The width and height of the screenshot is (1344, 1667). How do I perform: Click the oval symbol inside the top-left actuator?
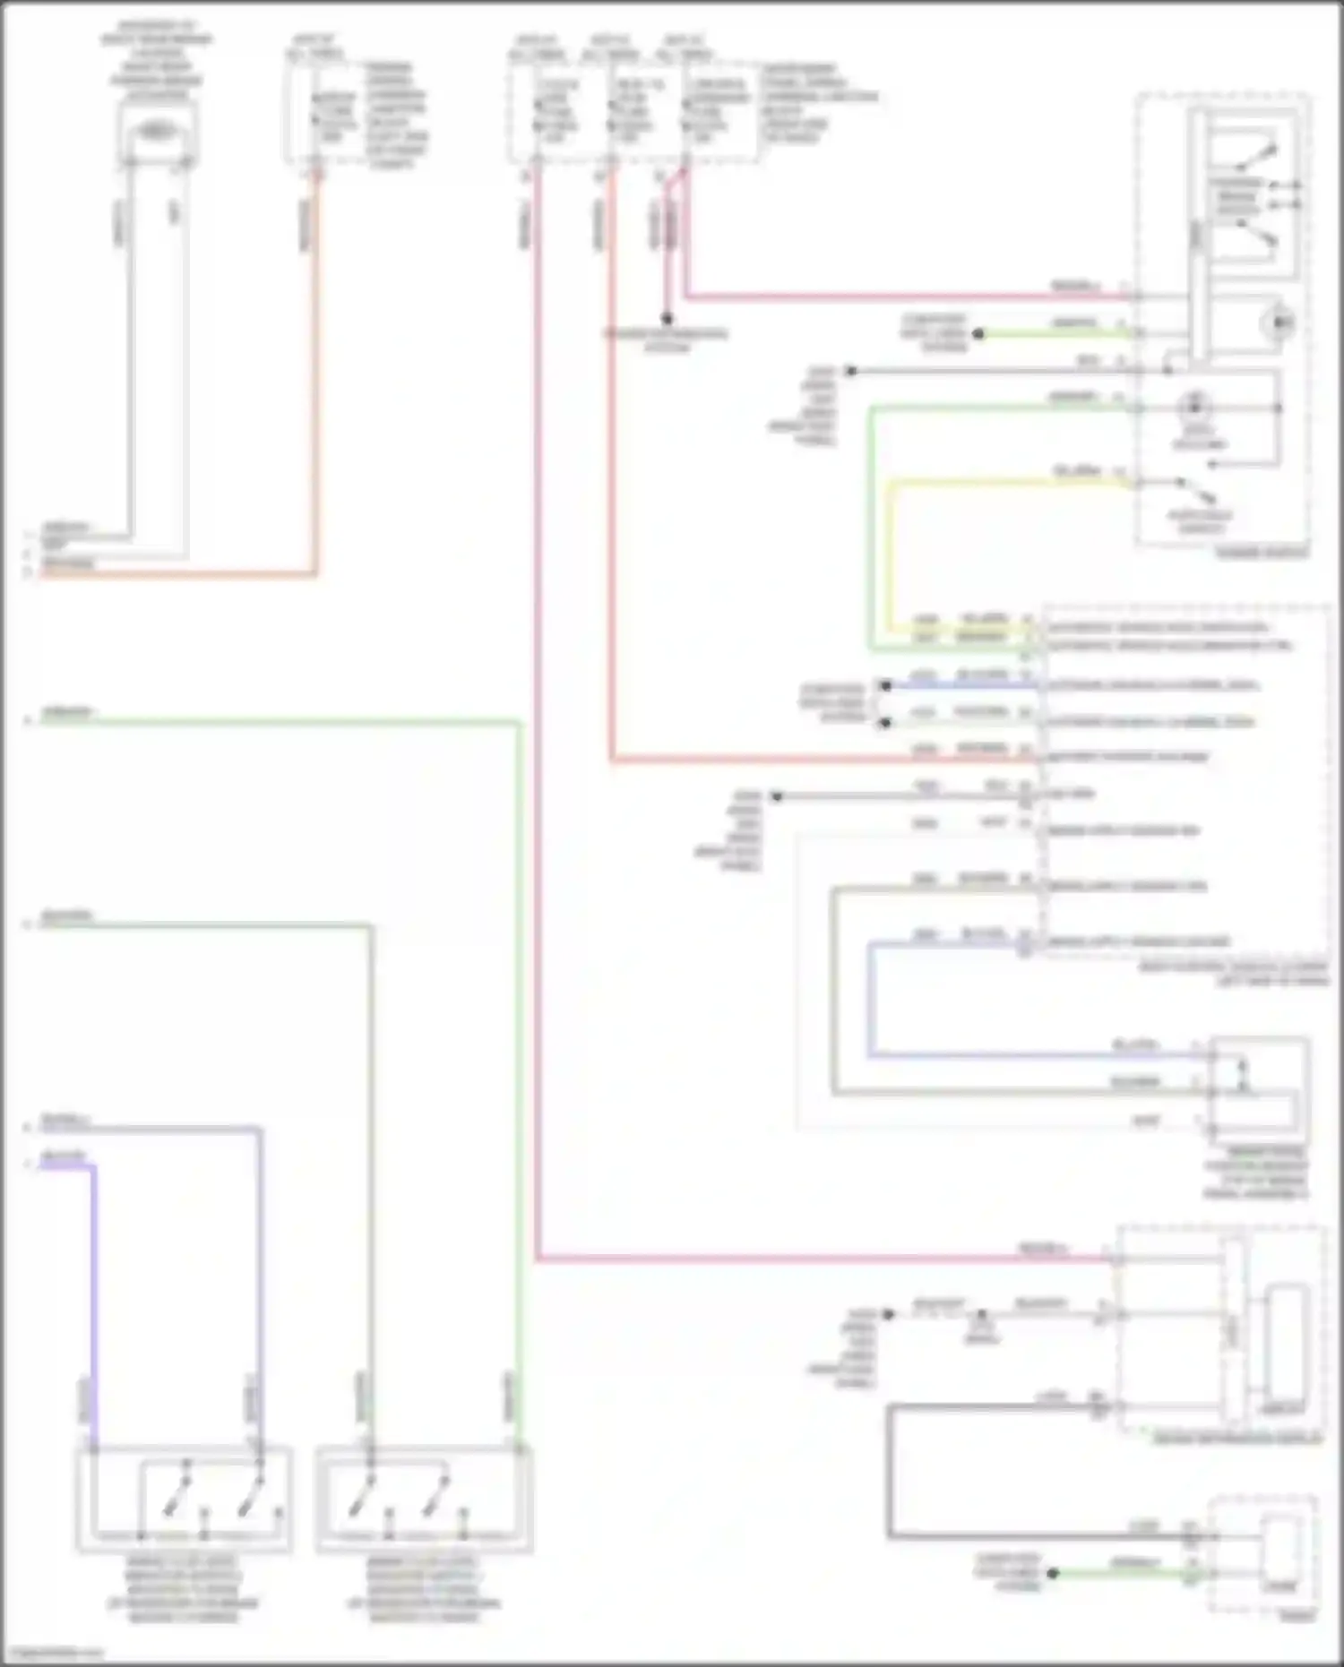click(157, 131)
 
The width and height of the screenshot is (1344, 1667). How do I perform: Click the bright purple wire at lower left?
click(93, 1299)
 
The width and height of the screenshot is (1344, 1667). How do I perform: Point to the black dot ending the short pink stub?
click(667, 318)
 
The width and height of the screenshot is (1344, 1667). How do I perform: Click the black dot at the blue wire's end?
click(884, 686)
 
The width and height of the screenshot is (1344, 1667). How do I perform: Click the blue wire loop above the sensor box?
click(870, 1003)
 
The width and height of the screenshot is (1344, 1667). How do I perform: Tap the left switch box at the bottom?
click(184, 1499)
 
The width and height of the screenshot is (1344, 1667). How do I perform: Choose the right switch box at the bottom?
click(424, 1499)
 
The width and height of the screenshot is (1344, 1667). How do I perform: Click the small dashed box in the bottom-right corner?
click(1262, 1555)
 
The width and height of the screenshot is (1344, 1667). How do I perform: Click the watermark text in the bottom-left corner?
click(52, 1653)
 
